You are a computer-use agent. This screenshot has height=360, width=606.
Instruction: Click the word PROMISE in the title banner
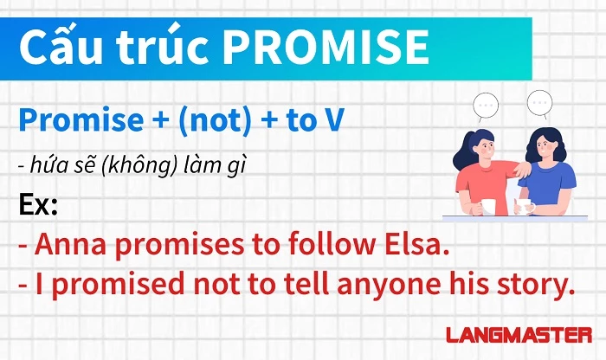point(326,48)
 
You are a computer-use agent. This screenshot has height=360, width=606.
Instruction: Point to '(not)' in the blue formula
point(215,121)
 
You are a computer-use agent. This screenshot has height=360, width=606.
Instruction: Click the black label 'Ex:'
point(38,205)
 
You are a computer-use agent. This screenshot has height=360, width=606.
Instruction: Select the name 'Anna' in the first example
point(70,245)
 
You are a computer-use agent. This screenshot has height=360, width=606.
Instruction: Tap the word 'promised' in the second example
point(118,285)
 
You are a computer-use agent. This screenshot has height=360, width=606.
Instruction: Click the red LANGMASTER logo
point(519,335)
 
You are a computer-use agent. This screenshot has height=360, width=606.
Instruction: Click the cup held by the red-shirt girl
point(488,207)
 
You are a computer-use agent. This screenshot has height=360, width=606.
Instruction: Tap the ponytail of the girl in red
point(462,151)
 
